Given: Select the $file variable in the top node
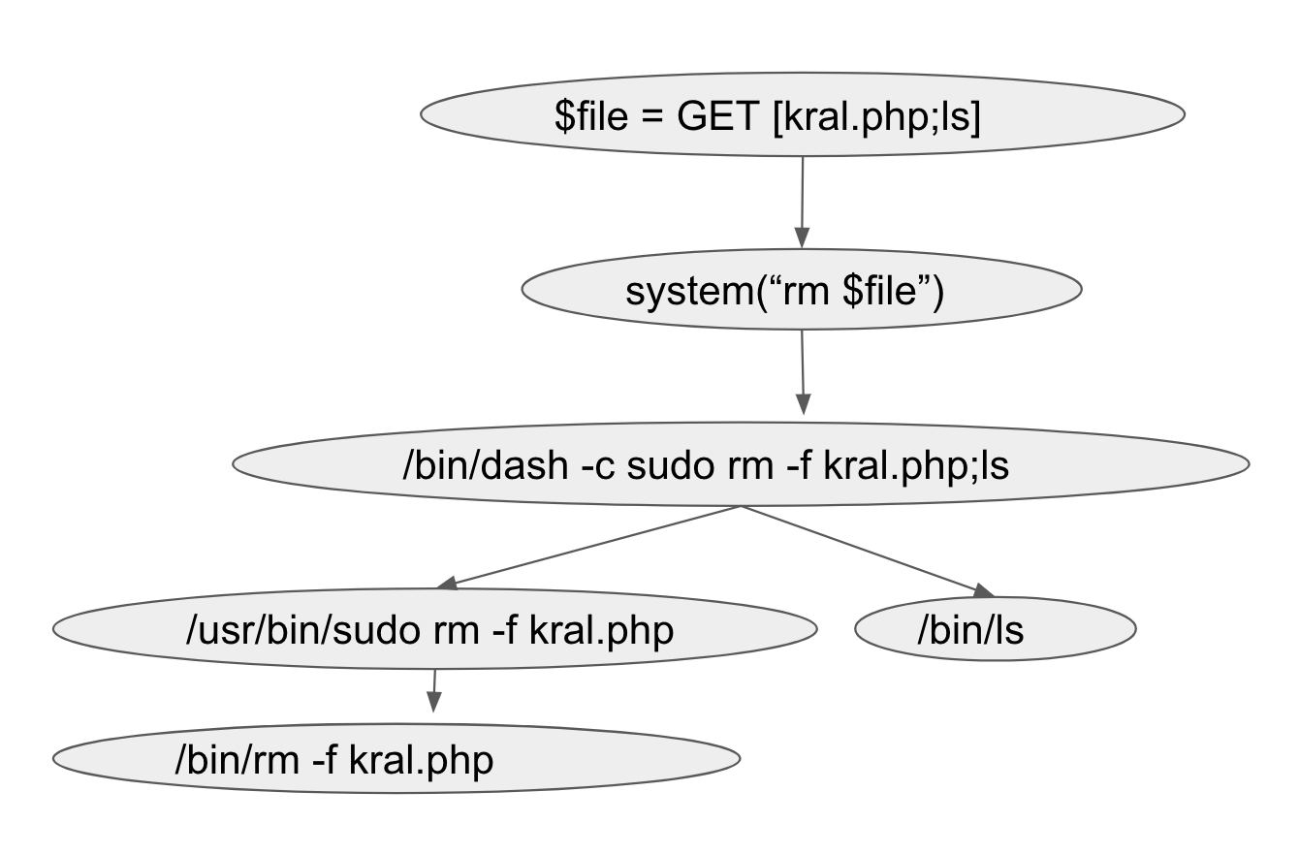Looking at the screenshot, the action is [591, 115].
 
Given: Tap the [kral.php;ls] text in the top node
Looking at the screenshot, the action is [876, 116].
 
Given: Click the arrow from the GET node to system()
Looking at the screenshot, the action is [802, 202].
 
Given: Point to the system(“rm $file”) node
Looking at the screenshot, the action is [802, 290].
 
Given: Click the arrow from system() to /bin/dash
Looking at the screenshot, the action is [803, 372].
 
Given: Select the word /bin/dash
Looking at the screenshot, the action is [486, 465].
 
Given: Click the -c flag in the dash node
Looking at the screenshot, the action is [597, 466].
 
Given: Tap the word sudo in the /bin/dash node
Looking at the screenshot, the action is [671, 465].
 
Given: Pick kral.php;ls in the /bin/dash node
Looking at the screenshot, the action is [916, 466].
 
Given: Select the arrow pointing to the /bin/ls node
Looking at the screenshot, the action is [868, 552].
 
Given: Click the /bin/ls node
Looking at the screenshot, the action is [996, 629].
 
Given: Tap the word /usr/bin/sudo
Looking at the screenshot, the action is [303, 630].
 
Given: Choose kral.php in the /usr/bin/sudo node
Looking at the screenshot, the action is [601, 631].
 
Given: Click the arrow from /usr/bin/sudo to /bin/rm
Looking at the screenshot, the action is [434, 690].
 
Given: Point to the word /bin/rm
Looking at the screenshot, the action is [237, 760].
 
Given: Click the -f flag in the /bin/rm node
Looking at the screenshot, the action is [324, 760].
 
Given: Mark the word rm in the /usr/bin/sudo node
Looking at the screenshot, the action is [456, 632].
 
